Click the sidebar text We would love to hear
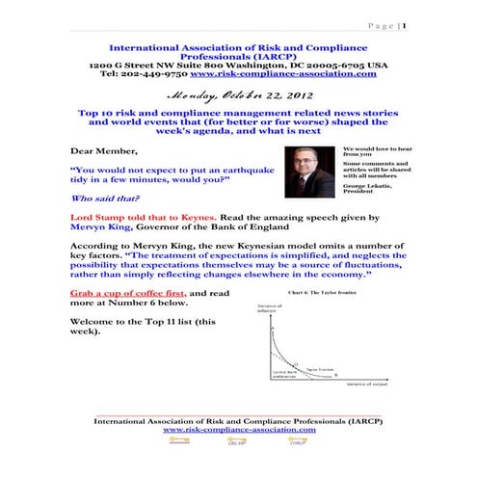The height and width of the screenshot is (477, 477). pyautogui.click(x=372, y=148)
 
